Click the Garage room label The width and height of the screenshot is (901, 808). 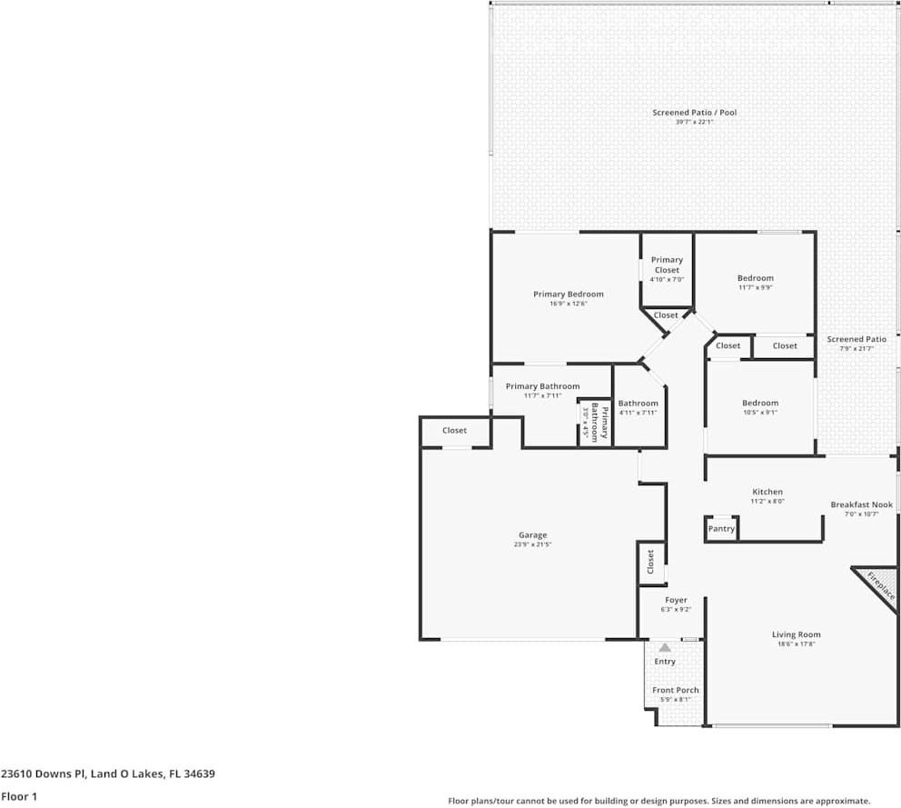(x=532, y=534)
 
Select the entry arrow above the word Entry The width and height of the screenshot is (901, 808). (x=665, y=648)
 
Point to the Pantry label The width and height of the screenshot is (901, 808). (x=721, y=529)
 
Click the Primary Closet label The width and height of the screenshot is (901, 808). (x=667, y=264)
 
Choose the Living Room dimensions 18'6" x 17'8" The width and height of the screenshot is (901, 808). (x=771, y=644)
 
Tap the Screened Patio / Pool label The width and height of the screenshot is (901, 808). (x=694, y=113)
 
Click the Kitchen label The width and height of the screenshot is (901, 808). (x=767, y=492)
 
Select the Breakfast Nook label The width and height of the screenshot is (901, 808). (x=861, y=504)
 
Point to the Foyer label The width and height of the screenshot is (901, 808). (x=676, y=600)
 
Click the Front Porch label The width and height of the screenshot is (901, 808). (x=676, y=690)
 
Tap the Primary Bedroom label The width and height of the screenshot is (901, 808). (x=568, y=294)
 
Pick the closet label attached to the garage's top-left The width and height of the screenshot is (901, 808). (x=454, y=431)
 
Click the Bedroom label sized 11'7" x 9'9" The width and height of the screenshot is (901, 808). (x=755, y=278)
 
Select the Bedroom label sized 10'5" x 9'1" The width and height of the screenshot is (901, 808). (x=759, y=403)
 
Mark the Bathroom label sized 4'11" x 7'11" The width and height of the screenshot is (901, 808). (x=638, y=403)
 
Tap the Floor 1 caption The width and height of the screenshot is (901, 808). (x=18, y=796)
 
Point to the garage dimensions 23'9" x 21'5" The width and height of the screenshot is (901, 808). (x=532, y=544)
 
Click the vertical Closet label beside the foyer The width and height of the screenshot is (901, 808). (x=650, y=563)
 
